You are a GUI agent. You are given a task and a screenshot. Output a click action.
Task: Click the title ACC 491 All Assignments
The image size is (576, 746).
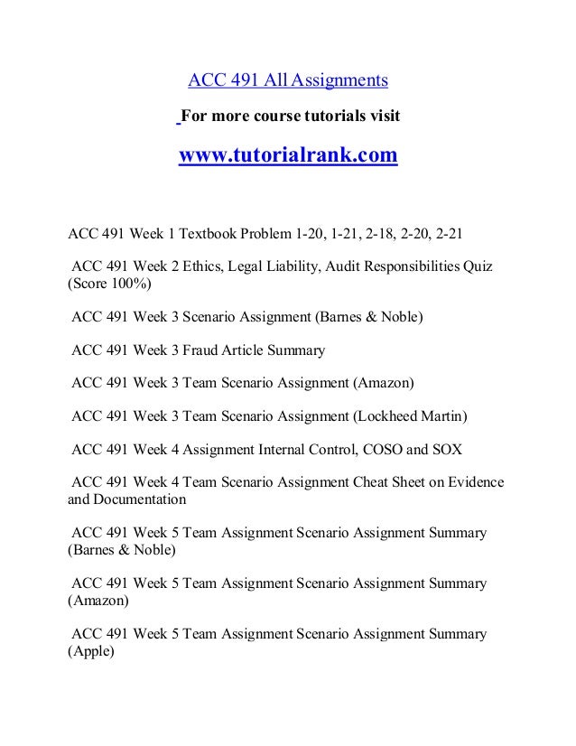point(288,81)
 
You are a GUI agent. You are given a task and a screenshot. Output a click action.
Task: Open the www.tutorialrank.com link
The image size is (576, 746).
point(288,156)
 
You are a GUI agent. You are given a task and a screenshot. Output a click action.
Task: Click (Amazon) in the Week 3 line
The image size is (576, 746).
point(375,384)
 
